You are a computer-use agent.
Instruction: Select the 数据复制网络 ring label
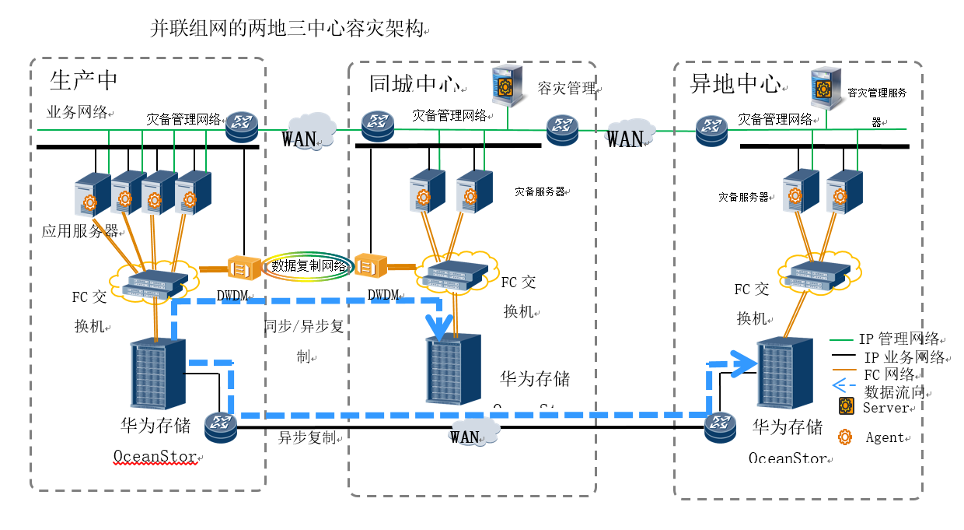point(308,266)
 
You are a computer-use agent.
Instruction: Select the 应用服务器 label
point(79,231)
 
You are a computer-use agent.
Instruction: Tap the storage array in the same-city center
point(453,369)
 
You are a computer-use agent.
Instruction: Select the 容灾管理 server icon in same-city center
point(508,87)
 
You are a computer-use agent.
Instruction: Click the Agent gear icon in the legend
point(844,437)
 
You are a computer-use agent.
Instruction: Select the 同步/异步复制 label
point(303,326)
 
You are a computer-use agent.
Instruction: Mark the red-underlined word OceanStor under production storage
point(155,455)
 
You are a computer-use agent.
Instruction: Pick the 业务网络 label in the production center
point(77,111)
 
